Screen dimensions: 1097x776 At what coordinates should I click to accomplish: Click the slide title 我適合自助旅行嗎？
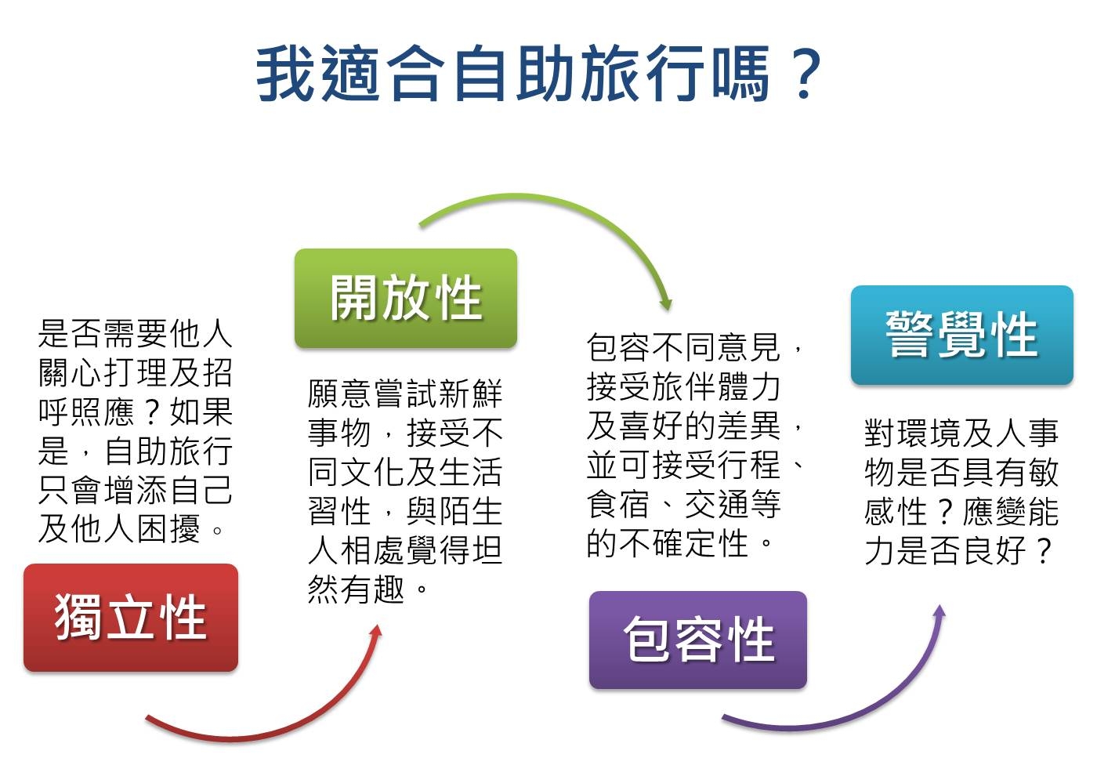(x=539, y=74)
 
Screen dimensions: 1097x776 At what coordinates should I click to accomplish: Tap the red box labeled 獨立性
(x=131, y=618)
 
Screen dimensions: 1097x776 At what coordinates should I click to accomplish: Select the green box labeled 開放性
(x=406, y=299)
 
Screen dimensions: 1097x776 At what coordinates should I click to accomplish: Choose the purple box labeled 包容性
(x=698, y=640)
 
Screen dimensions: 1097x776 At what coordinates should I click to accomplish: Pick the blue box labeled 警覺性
(x=962, y=335)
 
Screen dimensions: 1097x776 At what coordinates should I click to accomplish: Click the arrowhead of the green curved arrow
(x=665, y=304)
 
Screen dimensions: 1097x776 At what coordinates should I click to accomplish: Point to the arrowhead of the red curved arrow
(x=376, y=631)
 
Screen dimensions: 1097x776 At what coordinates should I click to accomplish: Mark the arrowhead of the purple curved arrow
(x=940, y=612)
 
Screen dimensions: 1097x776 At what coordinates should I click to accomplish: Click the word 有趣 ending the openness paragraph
(x=372, y=589)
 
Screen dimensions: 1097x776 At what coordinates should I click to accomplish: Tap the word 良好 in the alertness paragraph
(x=994, y=550)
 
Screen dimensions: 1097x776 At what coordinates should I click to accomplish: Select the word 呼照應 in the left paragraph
(x=86, y=412)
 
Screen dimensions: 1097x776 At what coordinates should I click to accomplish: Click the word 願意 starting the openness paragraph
(x=339, y=393)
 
